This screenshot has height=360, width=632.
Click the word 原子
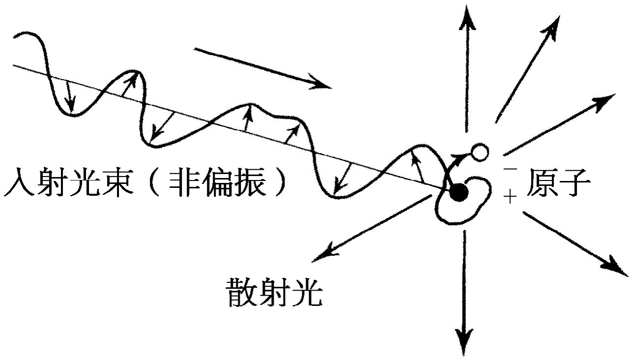tap(558, 186)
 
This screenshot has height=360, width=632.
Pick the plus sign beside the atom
tap(511, 198)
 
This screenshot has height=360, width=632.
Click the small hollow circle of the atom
tap(479, 152)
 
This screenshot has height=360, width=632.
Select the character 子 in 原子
tap(575, 186)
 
